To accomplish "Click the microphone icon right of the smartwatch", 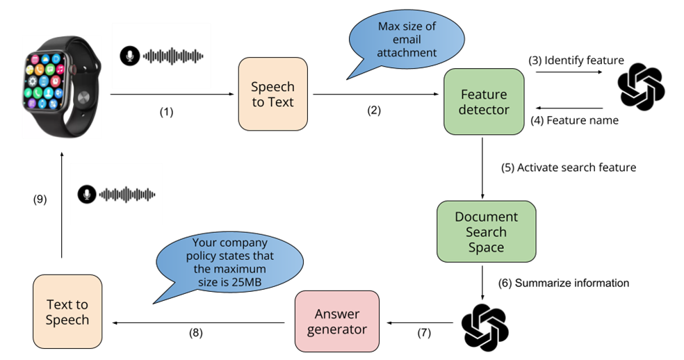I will [129, 56].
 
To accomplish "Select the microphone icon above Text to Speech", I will [86, 195].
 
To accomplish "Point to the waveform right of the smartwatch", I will [172, 56].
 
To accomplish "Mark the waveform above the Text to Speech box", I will [127, 195].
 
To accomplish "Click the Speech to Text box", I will [272, 95].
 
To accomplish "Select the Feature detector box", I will [484, 102].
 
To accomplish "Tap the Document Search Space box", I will [486, 232].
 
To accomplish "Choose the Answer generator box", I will [337, 322].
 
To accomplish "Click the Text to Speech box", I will [67, 312].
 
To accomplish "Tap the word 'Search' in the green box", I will [486, 232].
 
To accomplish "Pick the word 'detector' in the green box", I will [484, 110].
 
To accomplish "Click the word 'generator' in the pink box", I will [337, 329].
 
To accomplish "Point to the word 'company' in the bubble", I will [243, 244].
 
